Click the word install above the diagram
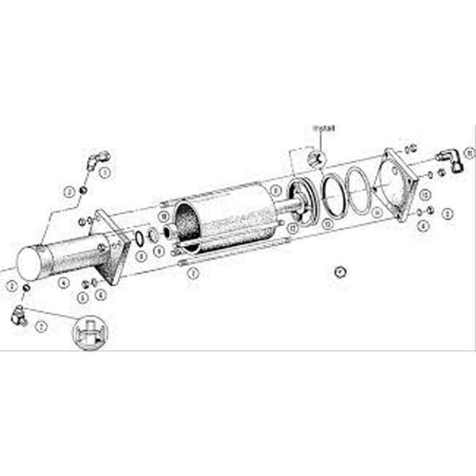coord(323,127)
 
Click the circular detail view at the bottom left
coord(90,332)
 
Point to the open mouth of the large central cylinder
coord(189,221)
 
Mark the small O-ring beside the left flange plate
coord(140,236)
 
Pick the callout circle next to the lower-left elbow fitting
coord(43,326)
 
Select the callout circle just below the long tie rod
coord(191,273)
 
